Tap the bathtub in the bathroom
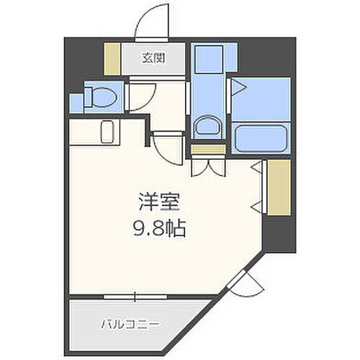coord(260,136)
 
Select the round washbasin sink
coord(210,127)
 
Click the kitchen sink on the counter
coord(107,133)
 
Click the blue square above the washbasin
coord(210,58)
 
